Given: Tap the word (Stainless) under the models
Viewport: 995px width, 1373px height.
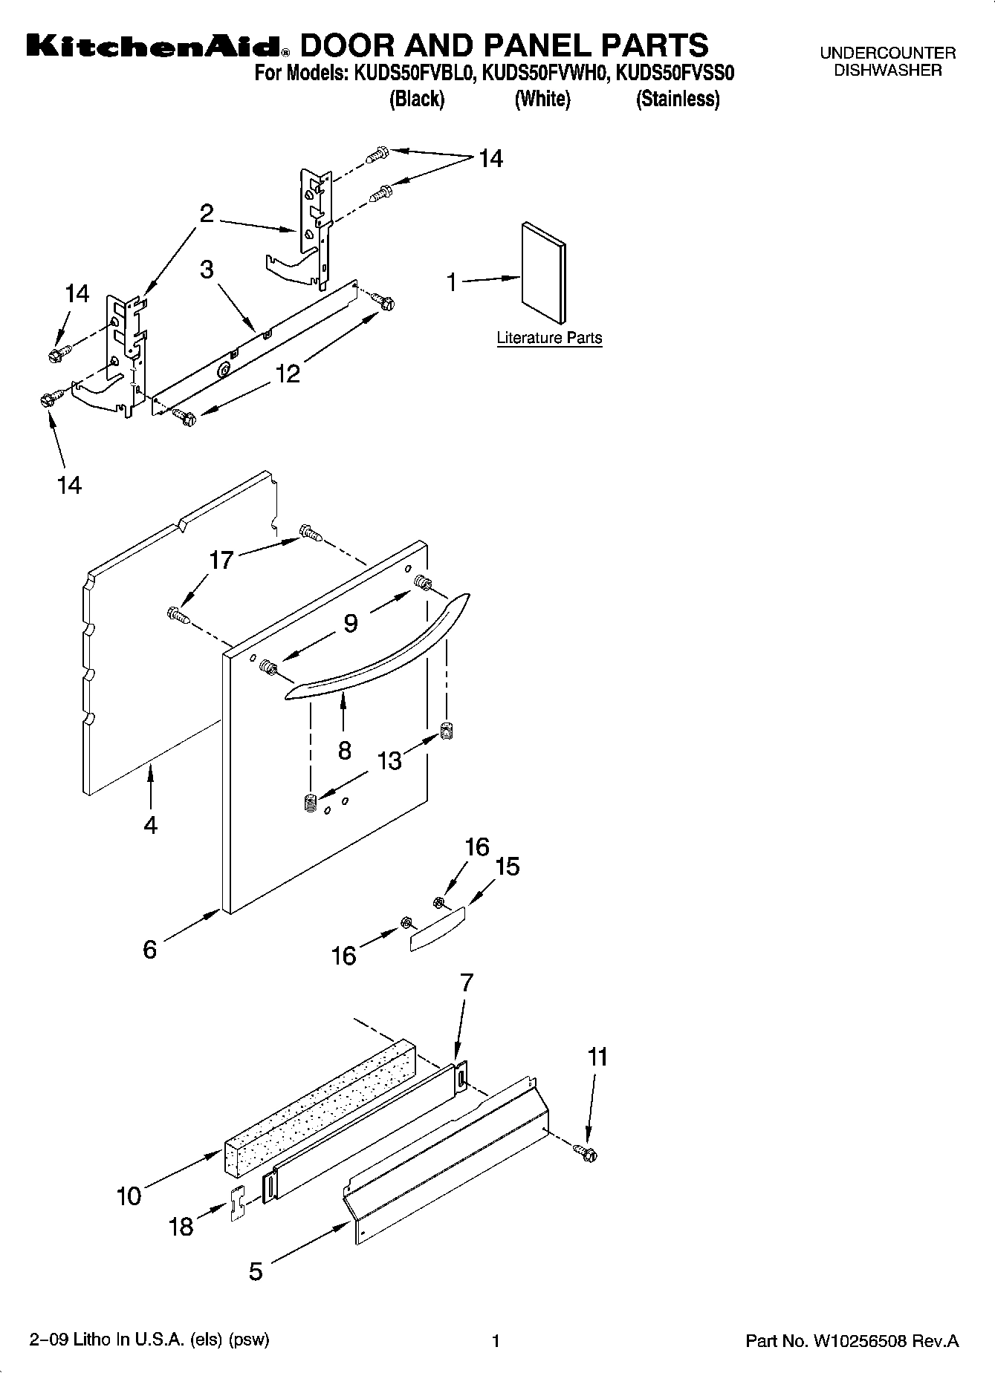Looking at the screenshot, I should [677, 100].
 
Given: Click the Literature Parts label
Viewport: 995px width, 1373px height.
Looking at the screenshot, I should [549, 338].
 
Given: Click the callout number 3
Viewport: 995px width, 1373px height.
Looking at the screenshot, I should [207, 270].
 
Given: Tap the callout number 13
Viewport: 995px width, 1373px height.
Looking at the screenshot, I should [389, 760].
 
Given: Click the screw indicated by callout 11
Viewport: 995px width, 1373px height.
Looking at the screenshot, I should [586, 1153].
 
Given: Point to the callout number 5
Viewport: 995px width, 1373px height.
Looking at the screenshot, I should [256, 1271].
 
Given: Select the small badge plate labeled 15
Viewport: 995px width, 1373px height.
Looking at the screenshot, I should [438, 928].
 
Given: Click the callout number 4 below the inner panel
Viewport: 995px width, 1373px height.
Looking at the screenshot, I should [151, 824].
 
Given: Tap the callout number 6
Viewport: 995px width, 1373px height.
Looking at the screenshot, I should [150, 948].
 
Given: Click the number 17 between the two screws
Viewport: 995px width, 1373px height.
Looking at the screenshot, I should [221, 560].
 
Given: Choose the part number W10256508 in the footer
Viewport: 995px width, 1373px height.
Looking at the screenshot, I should [859, 1341].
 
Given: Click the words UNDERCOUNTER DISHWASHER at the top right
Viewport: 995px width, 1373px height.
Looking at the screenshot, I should [887, 62].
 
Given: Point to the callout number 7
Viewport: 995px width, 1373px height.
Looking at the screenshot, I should [466, 982].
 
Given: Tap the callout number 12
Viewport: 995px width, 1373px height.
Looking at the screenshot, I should [288, 374].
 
